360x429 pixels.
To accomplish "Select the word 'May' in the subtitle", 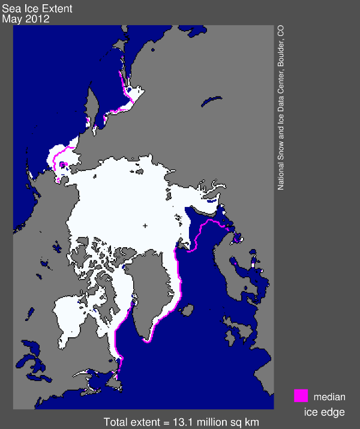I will (x=11, y=19).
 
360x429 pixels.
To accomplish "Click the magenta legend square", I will (x=301, y=396).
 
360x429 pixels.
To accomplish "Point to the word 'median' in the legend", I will (x=329, y=397).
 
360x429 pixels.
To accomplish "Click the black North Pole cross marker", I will (x=145, y=226).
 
